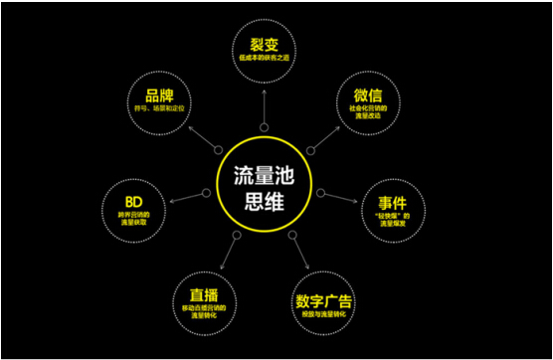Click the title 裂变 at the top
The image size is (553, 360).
click(x=263, y=46)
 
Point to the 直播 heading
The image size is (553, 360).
click(x=203, y=295)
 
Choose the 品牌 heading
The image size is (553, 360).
click(x=159, y=96)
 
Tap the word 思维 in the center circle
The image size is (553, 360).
click(x=263, y=197)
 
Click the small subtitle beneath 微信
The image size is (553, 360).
click(x=369, y=115)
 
